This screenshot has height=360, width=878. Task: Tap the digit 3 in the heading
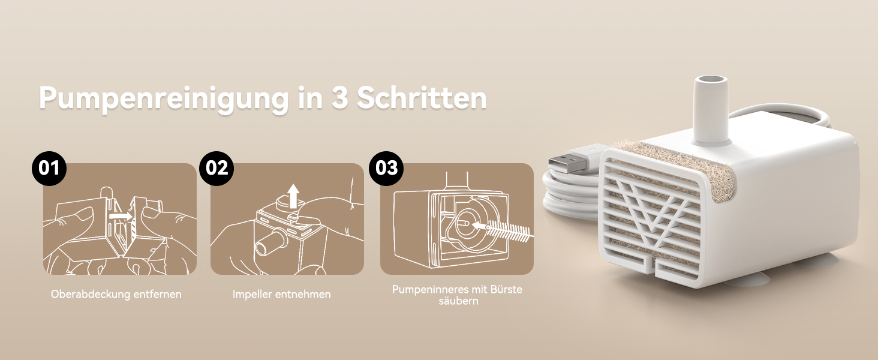(x=340, y=98)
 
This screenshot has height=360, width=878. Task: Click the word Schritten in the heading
(x=422, y=97)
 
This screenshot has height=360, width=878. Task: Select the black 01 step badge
(x=49, y=168)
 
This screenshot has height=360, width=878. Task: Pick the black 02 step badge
(x=217, y=168)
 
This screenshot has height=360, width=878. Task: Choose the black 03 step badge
(x=386, y=168)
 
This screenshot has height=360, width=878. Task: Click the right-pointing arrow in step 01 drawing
(x=121, y=215)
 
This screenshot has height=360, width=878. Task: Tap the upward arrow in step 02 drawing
(x=293, y=196)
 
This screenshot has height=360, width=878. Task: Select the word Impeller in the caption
(x=252, y=295)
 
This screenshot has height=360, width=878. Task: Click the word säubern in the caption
(x=459, y=301)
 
